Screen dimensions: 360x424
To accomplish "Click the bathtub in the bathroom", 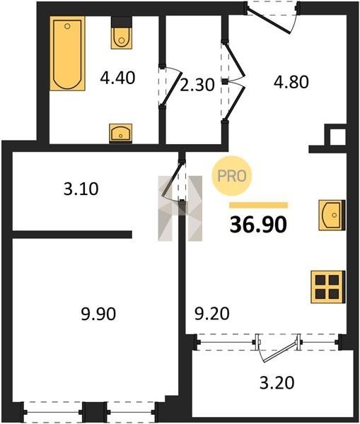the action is click(67, 53).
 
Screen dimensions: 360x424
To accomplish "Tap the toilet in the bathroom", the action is click(122, 33).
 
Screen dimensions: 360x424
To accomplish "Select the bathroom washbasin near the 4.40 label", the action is click(121, 133).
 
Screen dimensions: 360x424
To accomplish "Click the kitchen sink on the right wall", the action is click(332, 215).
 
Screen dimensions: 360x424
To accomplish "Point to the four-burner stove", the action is click(328, 287).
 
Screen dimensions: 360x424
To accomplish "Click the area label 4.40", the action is click(117, 78).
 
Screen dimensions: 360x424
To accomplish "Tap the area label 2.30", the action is click(197, 85).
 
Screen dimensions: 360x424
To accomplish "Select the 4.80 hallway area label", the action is click(291, 82).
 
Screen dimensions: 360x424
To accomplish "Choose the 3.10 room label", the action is click(81, 189).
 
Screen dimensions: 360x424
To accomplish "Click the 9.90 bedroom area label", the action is click(98, 314).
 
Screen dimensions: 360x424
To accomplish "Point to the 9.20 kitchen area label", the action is click(212, 314).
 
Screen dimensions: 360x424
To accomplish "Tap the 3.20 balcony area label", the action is click(277, 383).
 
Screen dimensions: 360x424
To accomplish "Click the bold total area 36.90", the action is click(258, 225).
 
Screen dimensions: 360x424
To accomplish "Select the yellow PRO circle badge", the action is click(232, 176).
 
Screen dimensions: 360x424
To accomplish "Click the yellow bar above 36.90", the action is click(258, 205).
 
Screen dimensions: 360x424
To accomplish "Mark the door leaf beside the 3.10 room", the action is click(172, 179).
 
